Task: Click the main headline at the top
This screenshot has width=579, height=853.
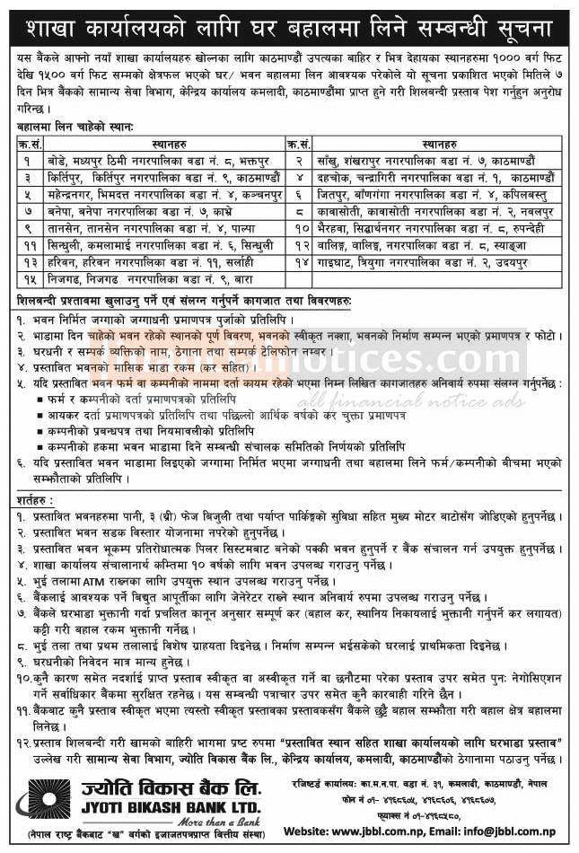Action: click(289, 19)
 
